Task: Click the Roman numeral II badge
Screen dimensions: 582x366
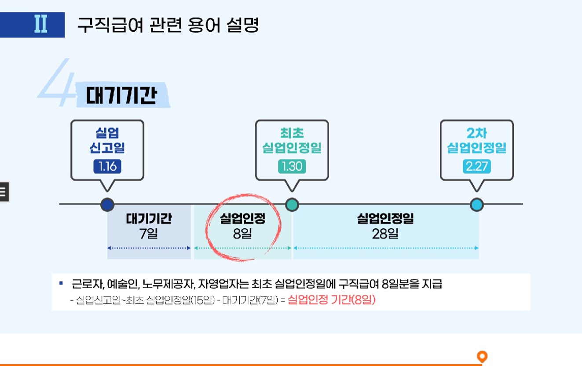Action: coord(40,25)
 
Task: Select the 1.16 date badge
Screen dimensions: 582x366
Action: coord(107,167)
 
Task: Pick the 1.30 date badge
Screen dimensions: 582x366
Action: coord(292,167)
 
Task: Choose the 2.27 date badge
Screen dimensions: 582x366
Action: coord(476,167)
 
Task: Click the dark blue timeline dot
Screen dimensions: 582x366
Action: coord(107,205)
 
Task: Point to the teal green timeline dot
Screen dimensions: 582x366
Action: coord(292,205)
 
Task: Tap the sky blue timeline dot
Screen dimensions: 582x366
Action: coord(477,205)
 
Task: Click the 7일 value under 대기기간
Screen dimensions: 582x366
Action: coord(149,234)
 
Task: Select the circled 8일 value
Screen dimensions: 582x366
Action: coord(243,234)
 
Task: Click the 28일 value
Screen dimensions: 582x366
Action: coord(385,234)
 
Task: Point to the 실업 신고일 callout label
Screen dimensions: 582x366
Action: coord(107,141)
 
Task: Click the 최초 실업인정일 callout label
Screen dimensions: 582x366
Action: coord(292,141)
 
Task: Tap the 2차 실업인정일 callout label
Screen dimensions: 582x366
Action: coord(476,141)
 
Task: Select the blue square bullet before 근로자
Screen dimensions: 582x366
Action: coord(61,282)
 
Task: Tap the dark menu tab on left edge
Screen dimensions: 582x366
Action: coord(4,191)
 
